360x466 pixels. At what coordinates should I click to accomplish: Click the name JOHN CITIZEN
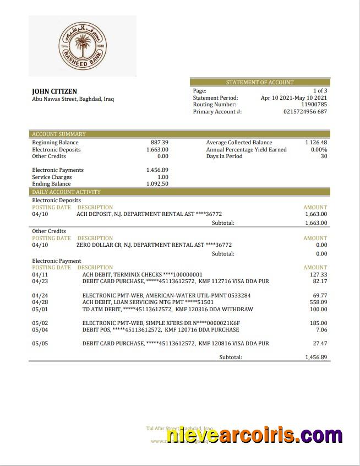[x=54, y=91]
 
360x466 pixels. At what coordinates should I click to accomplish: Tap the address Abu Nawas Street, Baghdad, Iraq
[x=73, y=99]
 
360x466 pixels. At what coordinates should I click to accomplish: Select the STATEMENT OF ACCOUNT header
[x=260, y=82]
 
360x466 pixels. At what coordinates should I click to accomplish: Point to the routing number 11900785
[x=314, y=104]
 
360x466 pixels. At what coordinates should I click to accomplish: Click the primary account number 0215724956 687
[x=305, y=111]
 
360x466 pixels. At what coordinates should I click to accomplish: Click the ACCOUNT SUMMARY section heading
[x=59, y=134]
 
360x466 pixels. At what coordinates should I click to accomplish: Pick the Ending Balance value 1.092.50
[x=157, y=183]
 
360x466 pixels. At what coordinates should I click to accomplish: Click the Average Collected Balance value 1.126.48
[x=316, y=142]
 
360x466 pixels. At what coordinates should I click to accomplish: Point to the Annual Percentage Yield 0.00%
[x=319, y=149]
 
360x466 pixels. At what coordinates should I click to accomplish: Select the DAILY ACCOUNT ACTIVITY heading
[x=66, y=192]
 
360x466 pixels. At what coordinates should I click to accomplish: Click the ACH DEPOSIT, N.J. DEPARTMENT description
[x=149, y=214]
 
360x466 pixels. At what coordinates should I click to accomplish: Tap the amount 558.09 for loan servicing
[x=318, y=302]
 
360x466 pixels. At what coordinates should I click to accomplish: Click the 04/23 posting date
[x=40, y=281]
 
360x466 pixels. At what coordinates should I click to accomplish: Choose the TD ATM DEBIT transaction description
[x=167, y=309]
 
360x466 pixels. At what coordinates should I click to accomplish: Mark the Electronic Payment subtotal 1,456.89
[x=316, y=357]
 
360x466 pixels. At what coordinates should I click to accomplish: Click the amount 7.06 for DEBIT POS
[x=321, y=329]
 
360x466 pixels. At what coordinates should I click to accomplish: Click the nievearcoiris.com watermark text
[x=254, y=436]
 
